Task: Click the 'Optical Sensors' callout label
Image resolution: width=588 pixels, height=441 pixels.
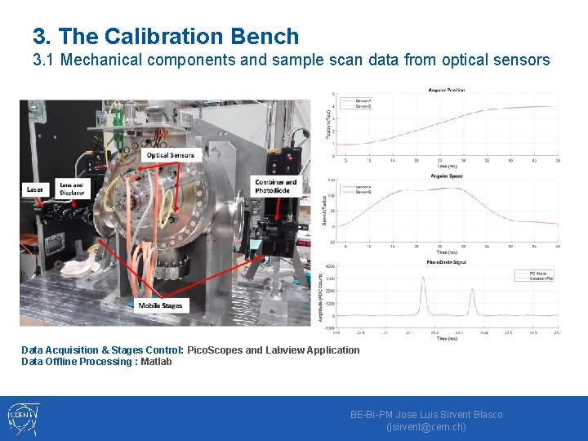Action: (x=171, y=155)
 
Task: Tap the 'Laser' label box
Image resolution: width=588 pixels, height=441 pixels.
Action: (x=35, y=189)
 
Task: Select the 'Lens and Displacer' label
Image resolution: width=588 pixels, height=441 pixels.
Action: (x=71, y=189)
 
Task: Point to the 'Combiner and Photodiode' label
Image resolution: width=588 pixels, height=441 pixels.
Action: (x=276, y=186)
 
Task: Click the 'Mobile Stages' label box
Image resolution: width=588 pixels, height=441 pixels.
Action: (x=161, y=305)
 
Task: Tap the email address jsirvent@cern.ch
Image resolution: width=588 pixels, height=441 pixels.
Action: (x=426, y=427)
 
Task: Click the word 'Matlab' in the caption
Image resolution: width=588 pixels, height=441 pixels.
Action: (x=156, y=362)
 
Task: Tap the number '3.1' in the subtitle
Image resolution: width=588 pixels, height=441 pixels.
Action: (x=44, y=60)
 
